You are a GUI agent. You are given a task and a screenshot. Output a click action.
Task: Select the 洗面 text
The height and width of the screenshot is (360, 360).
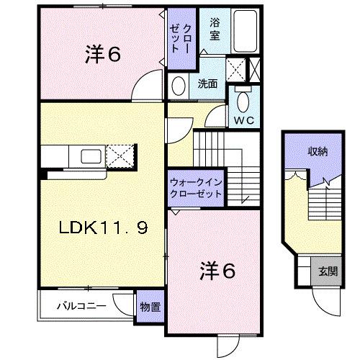[x=207, y=84]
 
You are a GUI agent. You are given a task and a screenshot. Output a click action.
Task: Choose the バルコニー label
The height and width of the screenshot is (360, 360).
[x=82, y=306]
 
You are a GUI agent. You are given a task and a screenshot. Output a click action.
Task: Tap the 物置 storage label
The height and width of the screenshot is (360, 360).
[x=150, y=307]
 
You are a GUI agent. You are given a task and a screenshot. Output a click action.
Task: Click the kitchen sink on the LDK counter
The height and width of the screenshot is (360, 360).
[x=90, y=156]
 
